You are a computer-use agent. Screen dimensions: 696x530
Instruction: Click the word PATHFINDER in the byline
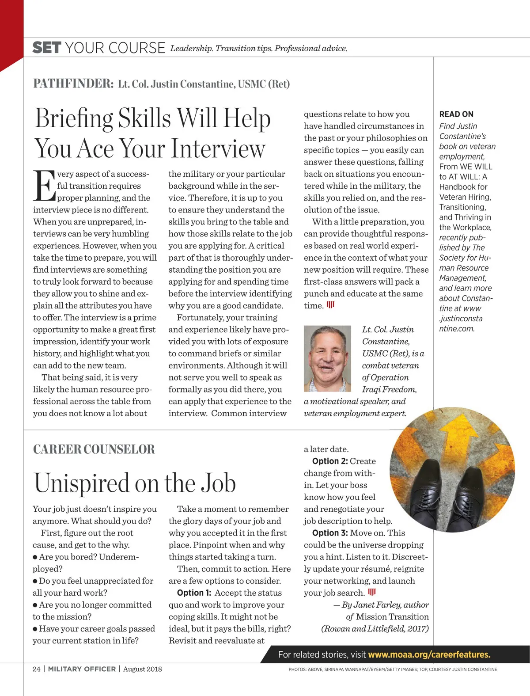[73, 84]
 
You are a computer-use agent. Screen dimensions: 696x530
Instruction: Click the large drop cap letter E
[44, 186]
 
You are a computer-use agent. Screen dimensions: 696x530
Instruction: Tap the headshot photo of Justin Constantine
[327, 358]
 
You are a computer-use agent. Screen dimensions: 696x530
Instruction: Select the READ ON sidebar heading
[456, 114]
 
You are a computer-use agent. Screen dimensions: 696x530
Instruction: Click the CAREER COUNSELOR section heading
[94, 449]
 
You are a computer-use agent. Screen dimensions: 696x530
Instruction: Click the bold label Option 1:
[194, 593]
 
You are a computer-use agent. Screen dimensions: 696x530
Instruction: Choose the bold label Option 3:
[330, 533]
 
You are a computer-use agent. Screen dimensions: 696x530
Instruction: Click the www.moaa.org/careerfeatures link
[429, 654]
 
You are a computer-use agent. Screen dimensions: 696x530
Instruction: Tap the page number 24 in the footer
[36, 669]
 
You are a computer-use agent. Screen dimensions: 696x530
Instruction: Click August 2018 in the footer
[142, 669]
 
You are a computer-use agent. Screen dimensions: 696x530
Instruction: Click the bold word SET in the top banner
[46, 48]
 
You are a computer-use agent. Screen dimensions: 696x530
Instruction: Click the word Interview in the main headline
[218, 148]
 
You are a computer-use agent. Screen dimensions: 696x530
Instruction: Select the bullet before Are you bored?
[35, 557]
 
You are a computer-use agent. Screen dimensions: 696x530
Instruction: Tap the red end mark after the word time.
[330, 305]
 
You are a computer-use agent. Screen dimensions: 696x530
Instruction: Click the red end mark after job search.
[372, 592]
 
